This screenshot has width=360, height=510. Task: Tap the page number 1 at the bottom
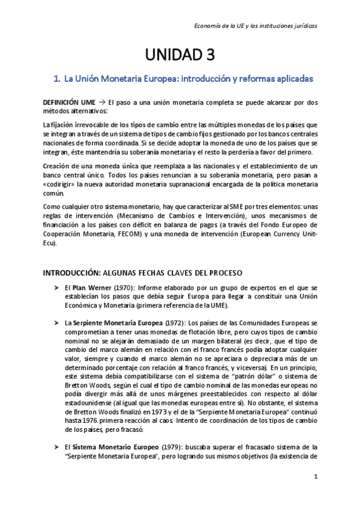315,476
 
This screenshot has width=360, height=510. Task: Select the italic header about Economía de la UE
257,26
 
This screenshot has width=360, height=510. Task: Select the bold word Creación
59,165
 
